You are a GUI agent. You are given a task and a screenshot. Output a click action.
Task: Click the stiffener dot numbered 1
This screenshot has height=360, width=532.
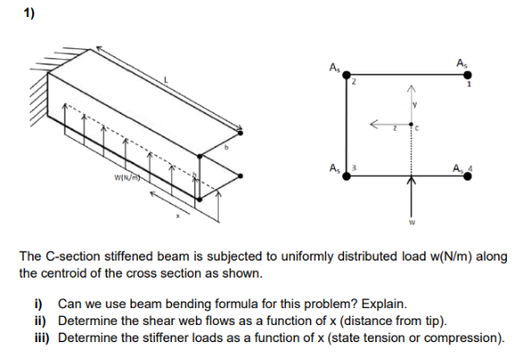pos(468,76)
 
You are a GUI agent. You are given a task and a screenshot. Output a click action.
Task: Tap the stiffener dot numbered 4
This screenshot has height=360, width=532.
pos(468,176)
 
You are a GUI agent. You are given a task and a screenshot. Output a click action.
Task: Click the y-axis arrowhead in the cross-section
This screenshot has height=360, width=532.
pos(413,88)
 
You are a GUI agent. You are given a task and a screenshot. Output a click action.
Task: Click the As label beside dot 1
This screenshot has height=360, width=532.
pos(461,62)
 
